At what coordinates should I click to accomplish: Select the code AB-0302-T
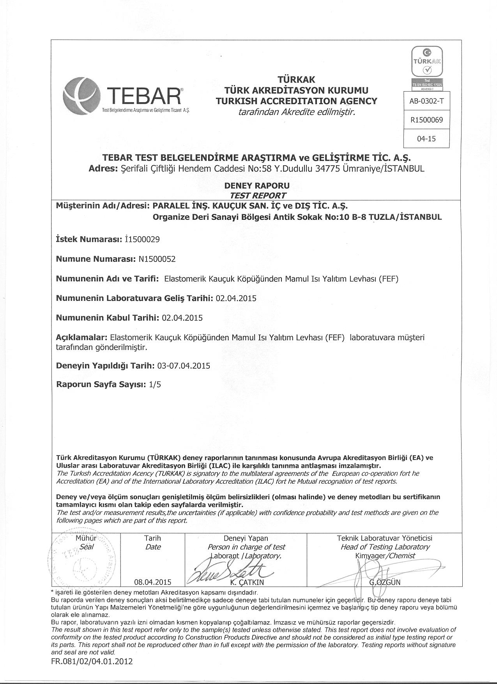pos(426,101)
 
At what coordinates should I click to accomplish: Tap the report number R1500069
pos(426,120)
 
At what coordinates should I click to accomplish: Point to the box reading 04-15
pos(426,139)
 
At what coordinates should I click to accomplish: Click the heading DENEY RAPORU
pos(257,186)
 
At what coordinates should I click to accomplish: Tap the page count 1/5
pos(155,384)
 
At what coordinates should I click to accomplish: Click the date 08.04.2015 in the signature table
pos(153,582)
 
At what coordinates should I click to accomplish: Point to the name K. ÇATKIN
pos(247,583)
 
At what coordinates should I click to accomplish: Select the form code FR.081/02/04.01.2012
pos(92,661)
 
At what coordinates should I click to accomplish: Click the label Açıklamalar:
pos(81,337)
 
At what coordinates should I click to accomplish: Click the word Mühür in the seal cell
pos(86,538)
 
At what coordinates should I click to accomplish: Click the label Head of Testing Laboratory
pos(385,547)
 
